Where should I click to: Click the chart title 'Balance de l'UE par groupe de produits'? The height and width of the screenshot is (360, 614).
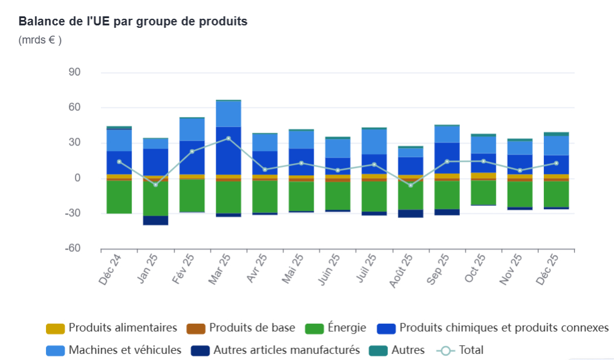[133, 22]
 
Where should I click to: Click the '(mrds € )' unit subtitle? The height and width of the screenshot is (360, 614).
[40, 40]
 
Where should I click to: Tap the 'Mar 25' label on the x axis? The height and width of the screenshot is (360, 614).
[221, 268]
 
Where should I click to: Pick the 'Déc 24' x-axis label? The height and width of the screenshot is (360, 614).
[111, 269]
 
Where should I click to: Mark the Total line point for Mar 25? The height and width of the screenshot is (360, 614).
[228, 138]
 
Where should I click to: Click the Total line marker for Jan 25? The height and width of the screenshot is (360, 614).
[155, 184]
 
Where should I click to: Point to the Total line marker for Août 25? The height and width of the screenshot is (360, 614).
[410, 185]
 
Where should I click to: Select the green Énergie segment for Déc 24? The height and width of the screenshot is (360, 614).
[119, 197]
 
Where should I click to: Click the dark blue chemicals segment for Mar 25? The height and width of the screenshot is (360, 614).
[228, 150]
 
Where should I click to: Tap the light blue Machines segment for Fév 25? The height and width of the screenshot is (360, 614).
[192, 129]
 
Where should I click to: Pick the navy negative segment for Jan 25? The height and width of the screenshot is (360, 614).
[155, 220]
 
